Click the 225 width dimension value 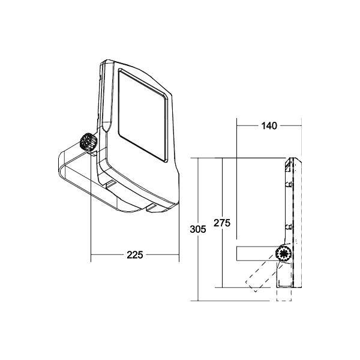[134, 255]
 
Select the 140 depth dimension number [268, 126]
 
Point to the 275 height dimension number [222, 223]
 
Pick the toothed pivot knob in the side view [283, 253]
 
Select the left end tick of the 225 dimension [91, 255]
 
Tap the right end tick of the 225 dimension [179, 255]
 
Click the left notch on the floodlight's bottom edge [110, 182]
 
